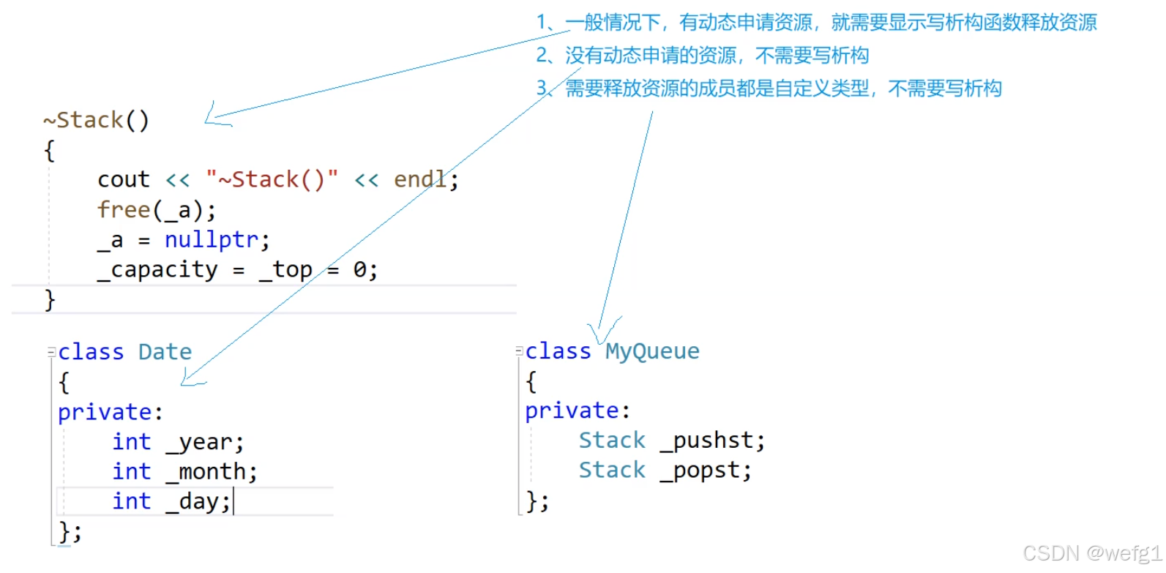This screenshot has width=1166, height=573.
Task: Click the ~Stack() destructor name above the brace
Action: (96, 120)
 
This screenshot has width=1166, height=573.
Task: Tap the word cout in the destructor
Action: (123, 179)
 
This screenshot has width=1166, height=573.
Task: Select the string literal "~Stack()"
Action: (272, 179)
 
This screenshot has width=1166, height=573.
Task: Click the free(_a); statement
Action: (157, 210)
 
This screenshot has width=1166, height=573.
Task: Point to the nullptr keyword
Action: (212, 240)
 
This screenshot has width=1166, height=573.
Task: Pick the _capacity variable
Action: (157, 270)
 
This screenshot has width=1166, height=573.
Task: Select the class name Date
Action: (165, 352)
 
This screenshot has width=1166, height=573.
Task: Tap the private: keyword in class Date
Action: (110, 412)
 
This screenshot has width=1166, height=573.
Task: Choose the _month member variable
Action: (211, 472)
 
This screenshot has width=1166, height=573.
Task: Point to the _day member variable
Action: (197, 502)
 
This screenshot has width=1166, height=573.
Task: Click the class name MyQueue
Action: (652, 351)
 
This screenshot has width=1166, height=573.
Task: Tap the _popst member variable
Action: (705, 471)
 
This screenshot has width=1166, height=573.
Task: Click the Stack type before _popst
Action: (612, 471)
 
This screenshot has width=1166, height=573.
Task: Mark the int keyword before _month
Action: (132, 472)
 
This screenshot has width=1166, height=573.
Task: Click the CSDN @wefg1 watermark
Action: (1091, 553)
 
